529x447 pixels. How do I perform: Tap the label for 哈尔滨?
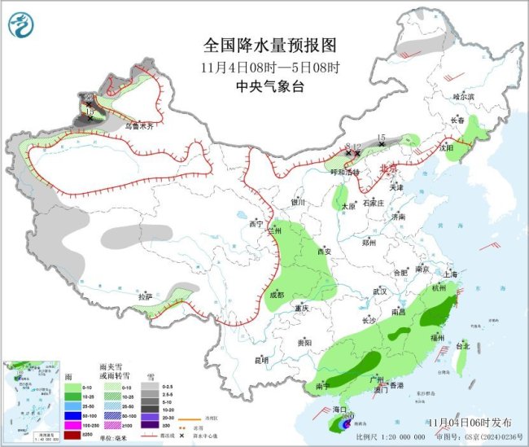462,96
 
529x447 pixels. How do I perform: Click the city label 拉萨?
145,298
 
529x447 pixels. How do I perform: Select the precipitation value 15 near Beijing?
380,138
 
